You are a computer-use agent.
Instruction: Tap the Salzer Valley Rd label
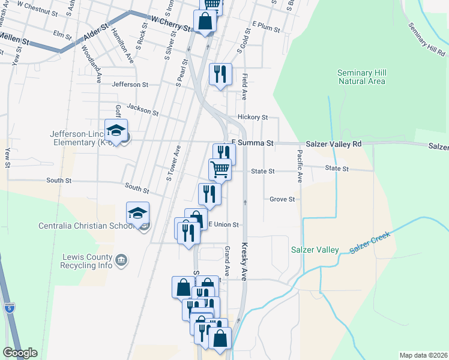point(333,144)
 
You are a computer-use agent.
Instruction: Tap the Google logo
point(20,353)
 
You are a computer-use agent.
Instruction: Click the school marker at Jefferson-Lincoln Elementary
point(116,130)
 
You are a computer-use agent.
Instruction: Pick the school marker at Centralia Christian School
point(137,213)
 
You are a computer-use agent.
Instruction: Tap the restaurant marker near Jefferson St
point(220,74)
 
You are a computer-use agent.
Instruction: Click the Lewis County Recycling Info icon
point(121,260)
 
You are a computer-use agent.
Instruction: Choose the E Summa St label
point(252,143)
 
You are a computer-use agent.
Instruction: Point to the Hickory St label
point(252,118)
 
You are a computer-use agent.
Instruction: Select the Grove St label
point(282,199)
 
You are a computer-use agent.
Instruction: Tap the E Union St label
point(223,225)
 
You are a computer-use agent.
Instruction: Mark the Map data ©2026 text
point(423,355)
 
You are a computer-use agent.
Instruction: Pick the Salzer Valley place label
point(315,250)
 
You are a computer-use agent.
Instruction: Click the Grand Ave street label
point(228,260)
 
